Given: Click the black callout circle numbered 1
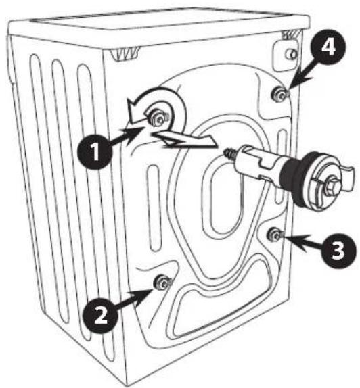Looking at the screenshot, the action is coord(95,151).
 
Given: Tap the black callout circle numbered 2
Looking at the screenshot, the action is coord(100,315).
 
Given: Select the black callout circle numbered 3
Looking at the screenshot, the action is coord(338,250).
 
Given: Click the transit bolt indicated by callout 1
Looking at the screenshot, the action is coord(159,118).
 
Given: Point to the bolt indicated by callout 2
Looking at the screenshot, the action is coord(163,283).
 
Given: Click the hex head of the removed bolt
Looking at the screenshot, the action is coord(330,186).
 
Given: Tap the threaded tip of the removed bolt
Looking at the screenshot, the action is coord(230,153).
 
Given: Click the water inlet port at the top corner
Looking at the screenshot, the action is coord(292,55).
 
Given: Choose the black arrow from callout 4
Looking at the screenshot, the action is coord(302,74).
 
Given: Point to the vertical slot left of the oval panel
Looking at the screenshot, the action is coord(154,208).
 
